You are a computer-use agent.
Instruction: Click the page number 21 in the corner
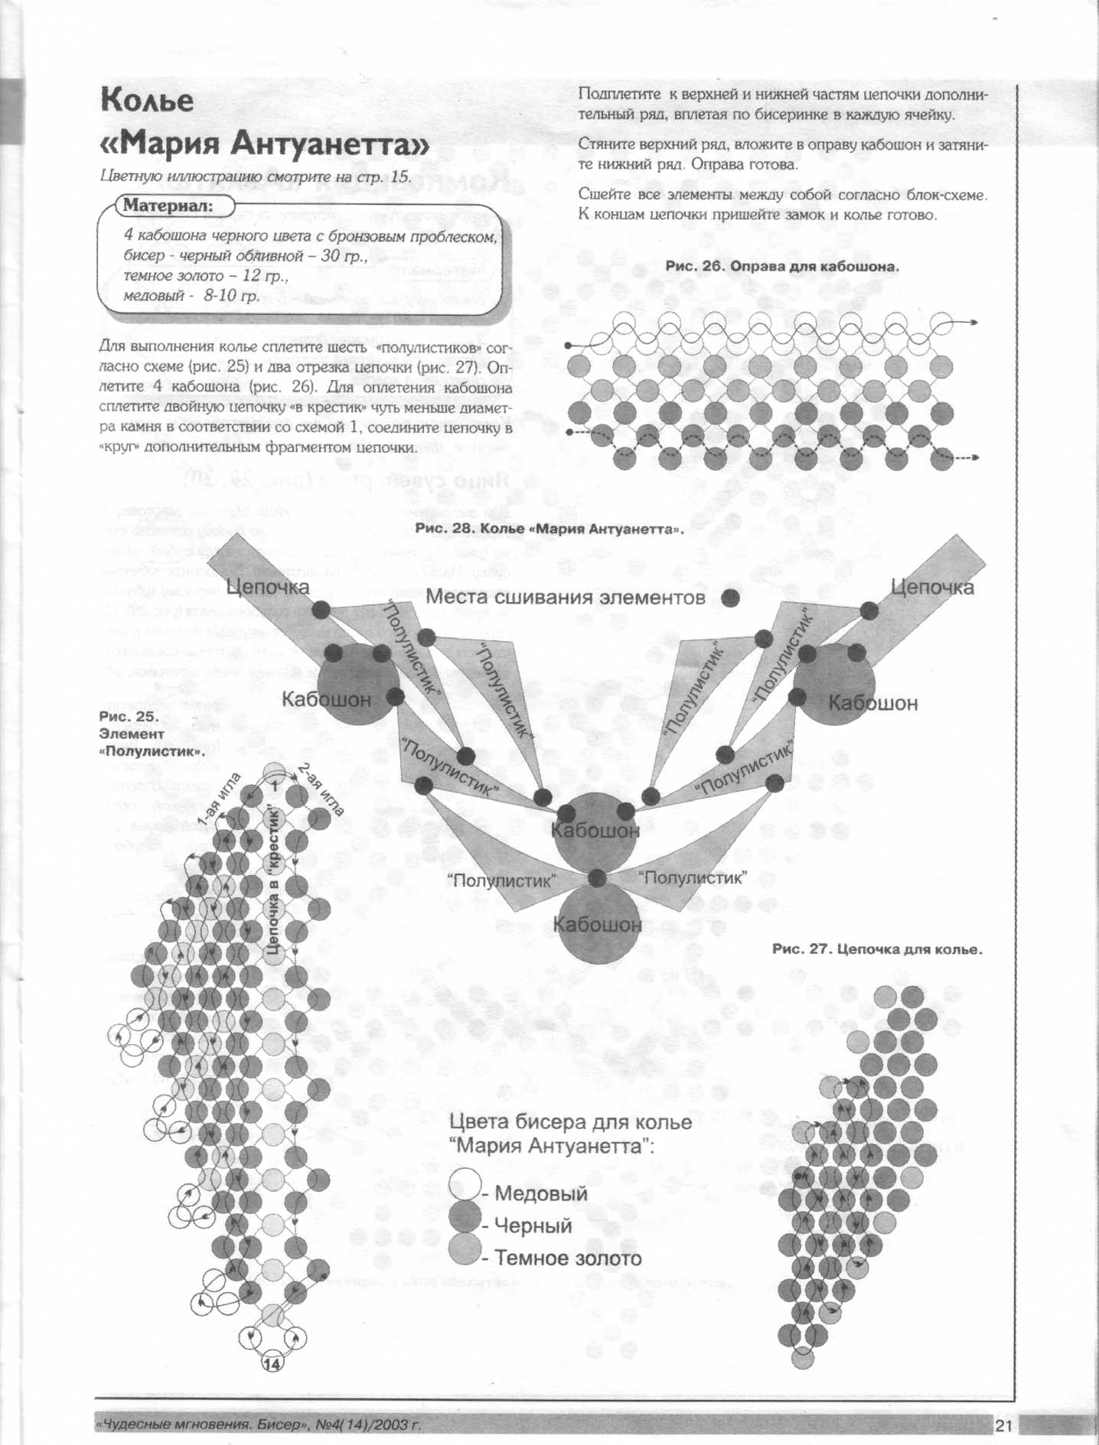(1003, 1425)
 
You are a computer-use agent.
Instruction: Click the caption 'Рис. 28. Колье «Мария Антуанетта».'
(549, 529)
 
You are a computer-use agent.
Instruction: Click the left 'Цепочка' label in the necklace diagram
(268, 587)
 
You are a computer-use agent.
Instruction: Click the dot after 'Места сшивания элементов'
(731, 597)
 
